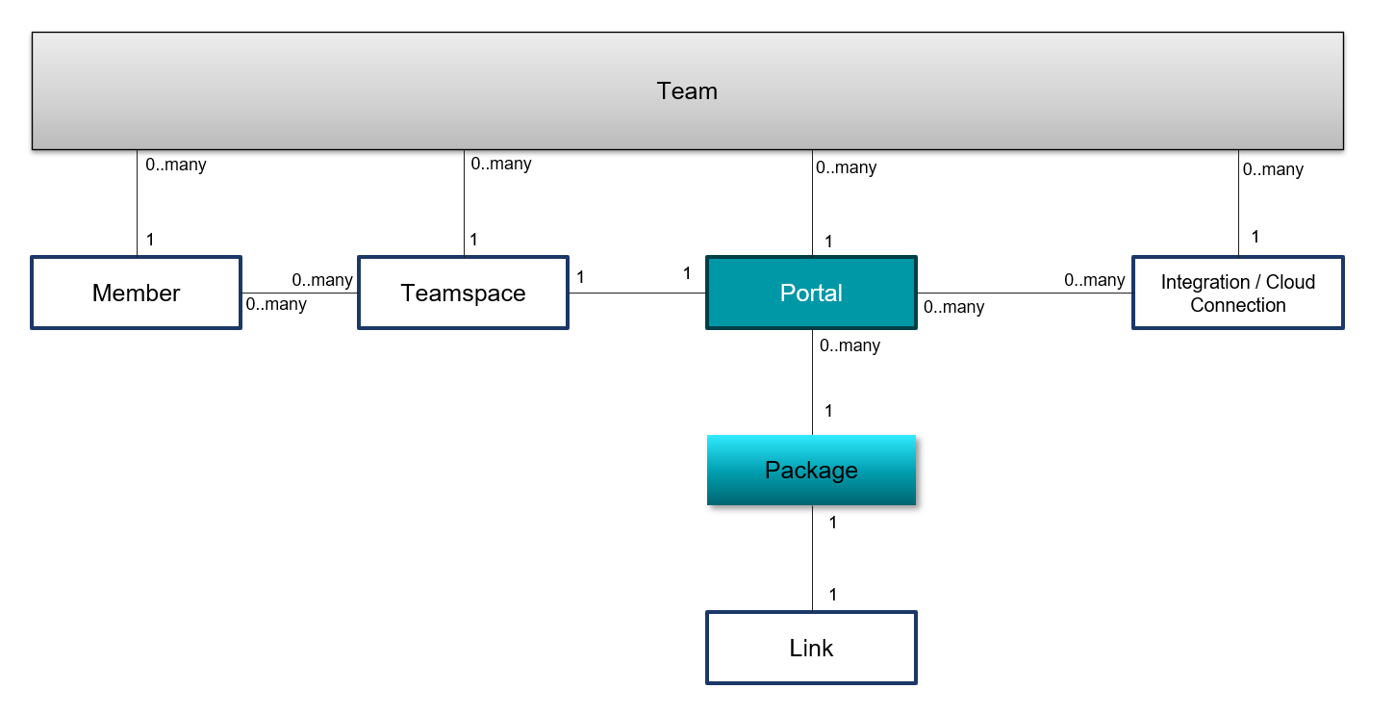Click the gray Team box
[687, 91]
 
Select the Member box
[136, 293]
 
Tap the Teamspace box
[463, 293]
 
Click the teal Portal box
[811, 293]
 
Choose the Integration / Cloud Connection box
[1237, 293]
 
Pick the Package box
[811, 470]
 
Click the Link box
[811, 648]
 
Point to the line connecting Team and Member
[137, 203]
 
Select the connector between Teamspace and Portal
[637, 293]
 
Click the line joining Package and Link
[812, 558]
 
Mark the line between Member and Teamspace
[299, 293]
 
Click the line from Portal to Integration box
[1025, 293]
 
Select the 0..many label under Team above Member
[175, 165]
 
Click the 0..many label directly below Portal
[850, 345]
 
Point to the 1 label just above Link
[832, 595]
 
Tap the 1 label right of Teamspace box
[580, 277]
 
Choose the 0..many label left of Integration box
[1094, 280]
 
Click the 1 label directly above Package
[827, 411]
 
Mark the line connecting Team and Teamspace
[464, 203]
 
